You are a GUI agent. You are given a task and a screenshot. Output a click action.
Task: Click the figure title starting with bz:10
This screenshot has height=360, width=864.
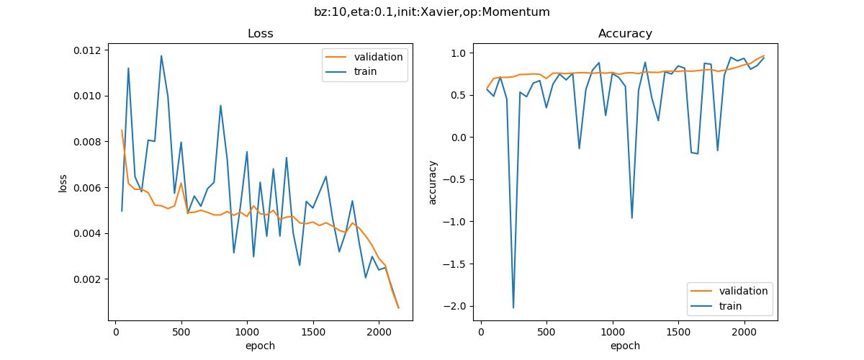click(432, 12)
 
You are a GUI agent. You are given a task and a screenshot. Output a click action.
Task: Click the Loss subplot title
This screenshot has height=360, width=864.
click(260, 34)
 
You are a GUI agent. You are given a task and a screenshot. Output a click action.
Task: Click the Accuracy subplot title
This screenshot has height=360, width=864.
click(625, 34)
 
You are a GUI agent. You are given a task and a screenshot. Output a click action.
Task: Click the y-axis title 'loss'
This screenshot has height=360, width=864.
click(63, 182)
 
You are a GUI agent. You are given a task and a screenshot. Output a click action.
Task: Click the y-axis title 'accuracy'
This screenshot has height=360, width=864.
click(433, 182)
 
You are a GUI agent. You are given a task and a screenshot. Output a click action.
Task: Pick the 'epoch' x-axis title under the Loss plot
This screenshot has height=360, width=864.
click(260, 346)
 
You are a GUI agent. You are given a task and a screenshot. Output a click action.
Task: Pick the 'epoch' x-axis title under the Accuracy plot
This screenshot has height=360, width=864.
click(625, 346)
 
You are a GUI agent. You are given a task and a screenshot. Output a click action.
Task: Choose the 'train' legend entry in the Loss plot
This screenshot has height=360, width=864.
click(365, 71)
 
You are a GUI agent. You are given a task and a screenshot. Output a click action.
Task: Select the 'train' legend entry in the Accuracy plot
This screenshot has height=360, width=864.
click(730, 305)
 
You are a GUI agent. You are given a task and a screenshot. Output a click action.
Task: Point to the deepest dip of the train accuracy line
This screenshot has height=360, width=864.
click(513, 307)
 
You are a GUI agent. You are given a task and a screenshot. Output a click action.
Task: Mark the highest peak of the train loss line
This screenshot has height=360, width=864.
click(161, 55)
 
